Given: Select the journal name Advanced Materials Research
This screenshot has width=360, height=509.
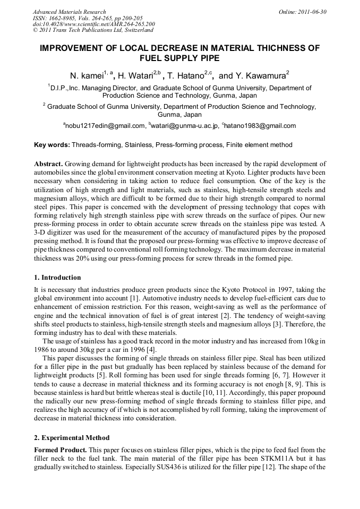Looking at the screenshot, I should point(70,12).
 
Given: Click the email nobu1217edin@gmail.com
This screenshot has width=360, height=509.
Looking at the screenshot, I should point(105,126).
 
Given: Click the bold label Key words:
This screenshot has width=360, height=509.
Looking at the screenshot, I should point(52,144).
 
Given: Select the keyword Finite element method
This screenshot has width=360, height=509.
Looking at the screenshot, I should point(259,144).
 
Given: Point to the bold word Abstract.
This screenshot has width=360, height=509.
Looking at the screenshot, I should point(48,163).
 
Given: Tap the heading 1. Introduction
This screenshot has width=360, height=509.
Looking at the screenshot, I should point(57,278).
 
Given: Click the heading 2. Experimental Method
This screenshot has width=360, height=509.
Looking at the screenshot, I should point(72,438).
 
